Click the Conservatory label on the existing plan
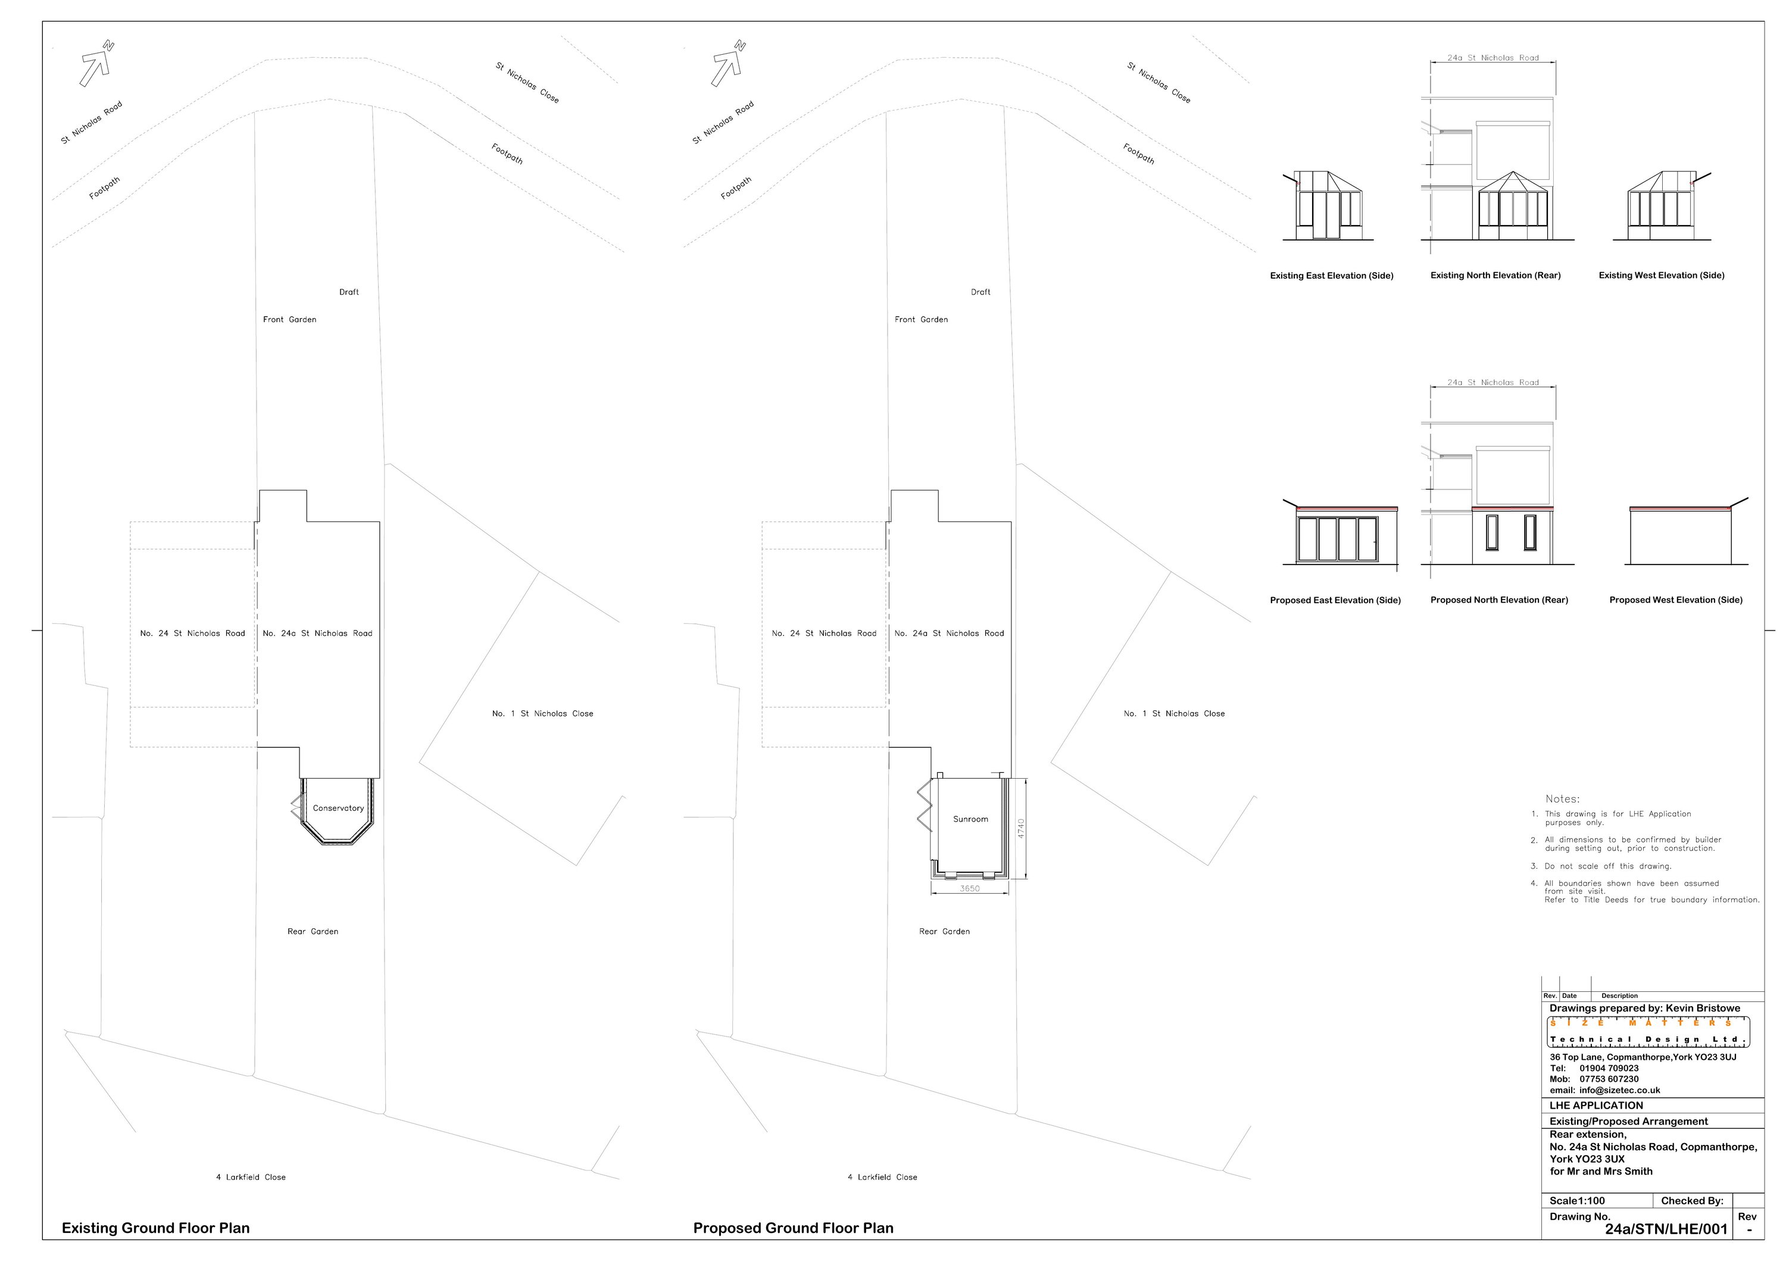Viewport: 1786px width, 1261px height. point(338,809)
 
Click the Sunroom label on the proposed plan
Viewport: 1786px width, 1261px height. point(970,819)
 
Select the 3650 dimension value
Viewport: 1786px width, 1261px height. point(969,888)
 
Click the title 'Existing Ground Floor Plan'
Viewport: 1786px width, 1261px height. point(155,1228)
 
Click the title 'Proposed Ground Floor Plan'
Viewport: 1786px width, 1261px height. point(792,1228)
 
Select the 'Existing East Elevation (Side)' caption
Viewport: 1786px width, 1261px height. point(1331,276)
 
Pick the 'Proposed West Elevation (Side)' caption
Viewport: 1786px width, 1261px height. point(1675,600)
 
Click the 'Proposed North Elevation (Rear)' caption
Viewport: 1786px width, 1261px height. point(1499,600)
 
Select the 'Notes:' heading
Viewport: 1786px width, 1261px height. point(1562,799)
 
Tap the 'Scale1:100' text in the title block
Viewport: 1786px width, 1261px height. point(1577,1200)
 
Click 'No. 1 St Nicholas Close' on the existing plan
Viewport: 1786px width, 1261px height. point(542,713)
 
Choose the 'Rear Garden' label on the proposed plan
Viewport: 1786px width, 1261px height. point(944,931)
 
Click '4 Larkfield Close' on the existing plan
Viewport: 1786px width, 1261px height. point(251,1177)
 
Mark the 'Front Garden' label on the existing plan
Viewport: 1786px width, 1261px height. point(289,320)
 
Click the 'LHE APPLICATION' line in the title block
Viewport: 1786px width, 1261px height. point(1596,1106)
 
